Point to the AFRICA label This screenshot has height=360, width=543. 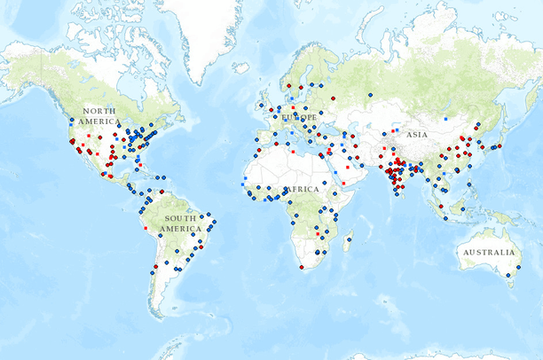click(302, 190)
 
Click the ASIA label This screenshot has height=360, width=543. click(416, 135)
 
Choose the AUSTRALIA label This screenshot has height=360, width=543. click(486, 253)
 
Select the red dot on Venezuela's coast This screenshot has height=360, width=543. click(161, 192)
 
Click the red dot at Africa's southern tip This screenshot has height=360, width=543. click(302, 267)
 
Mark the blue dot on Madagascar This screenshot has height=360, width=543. click(349, 239)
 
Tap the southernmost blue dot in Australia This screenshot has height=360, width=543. click(508, 277)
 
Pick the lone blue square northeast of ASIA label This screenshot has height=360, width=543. click(445, 116)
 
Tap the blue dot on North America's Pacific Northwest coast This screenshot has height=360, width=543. click(71, 117)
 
